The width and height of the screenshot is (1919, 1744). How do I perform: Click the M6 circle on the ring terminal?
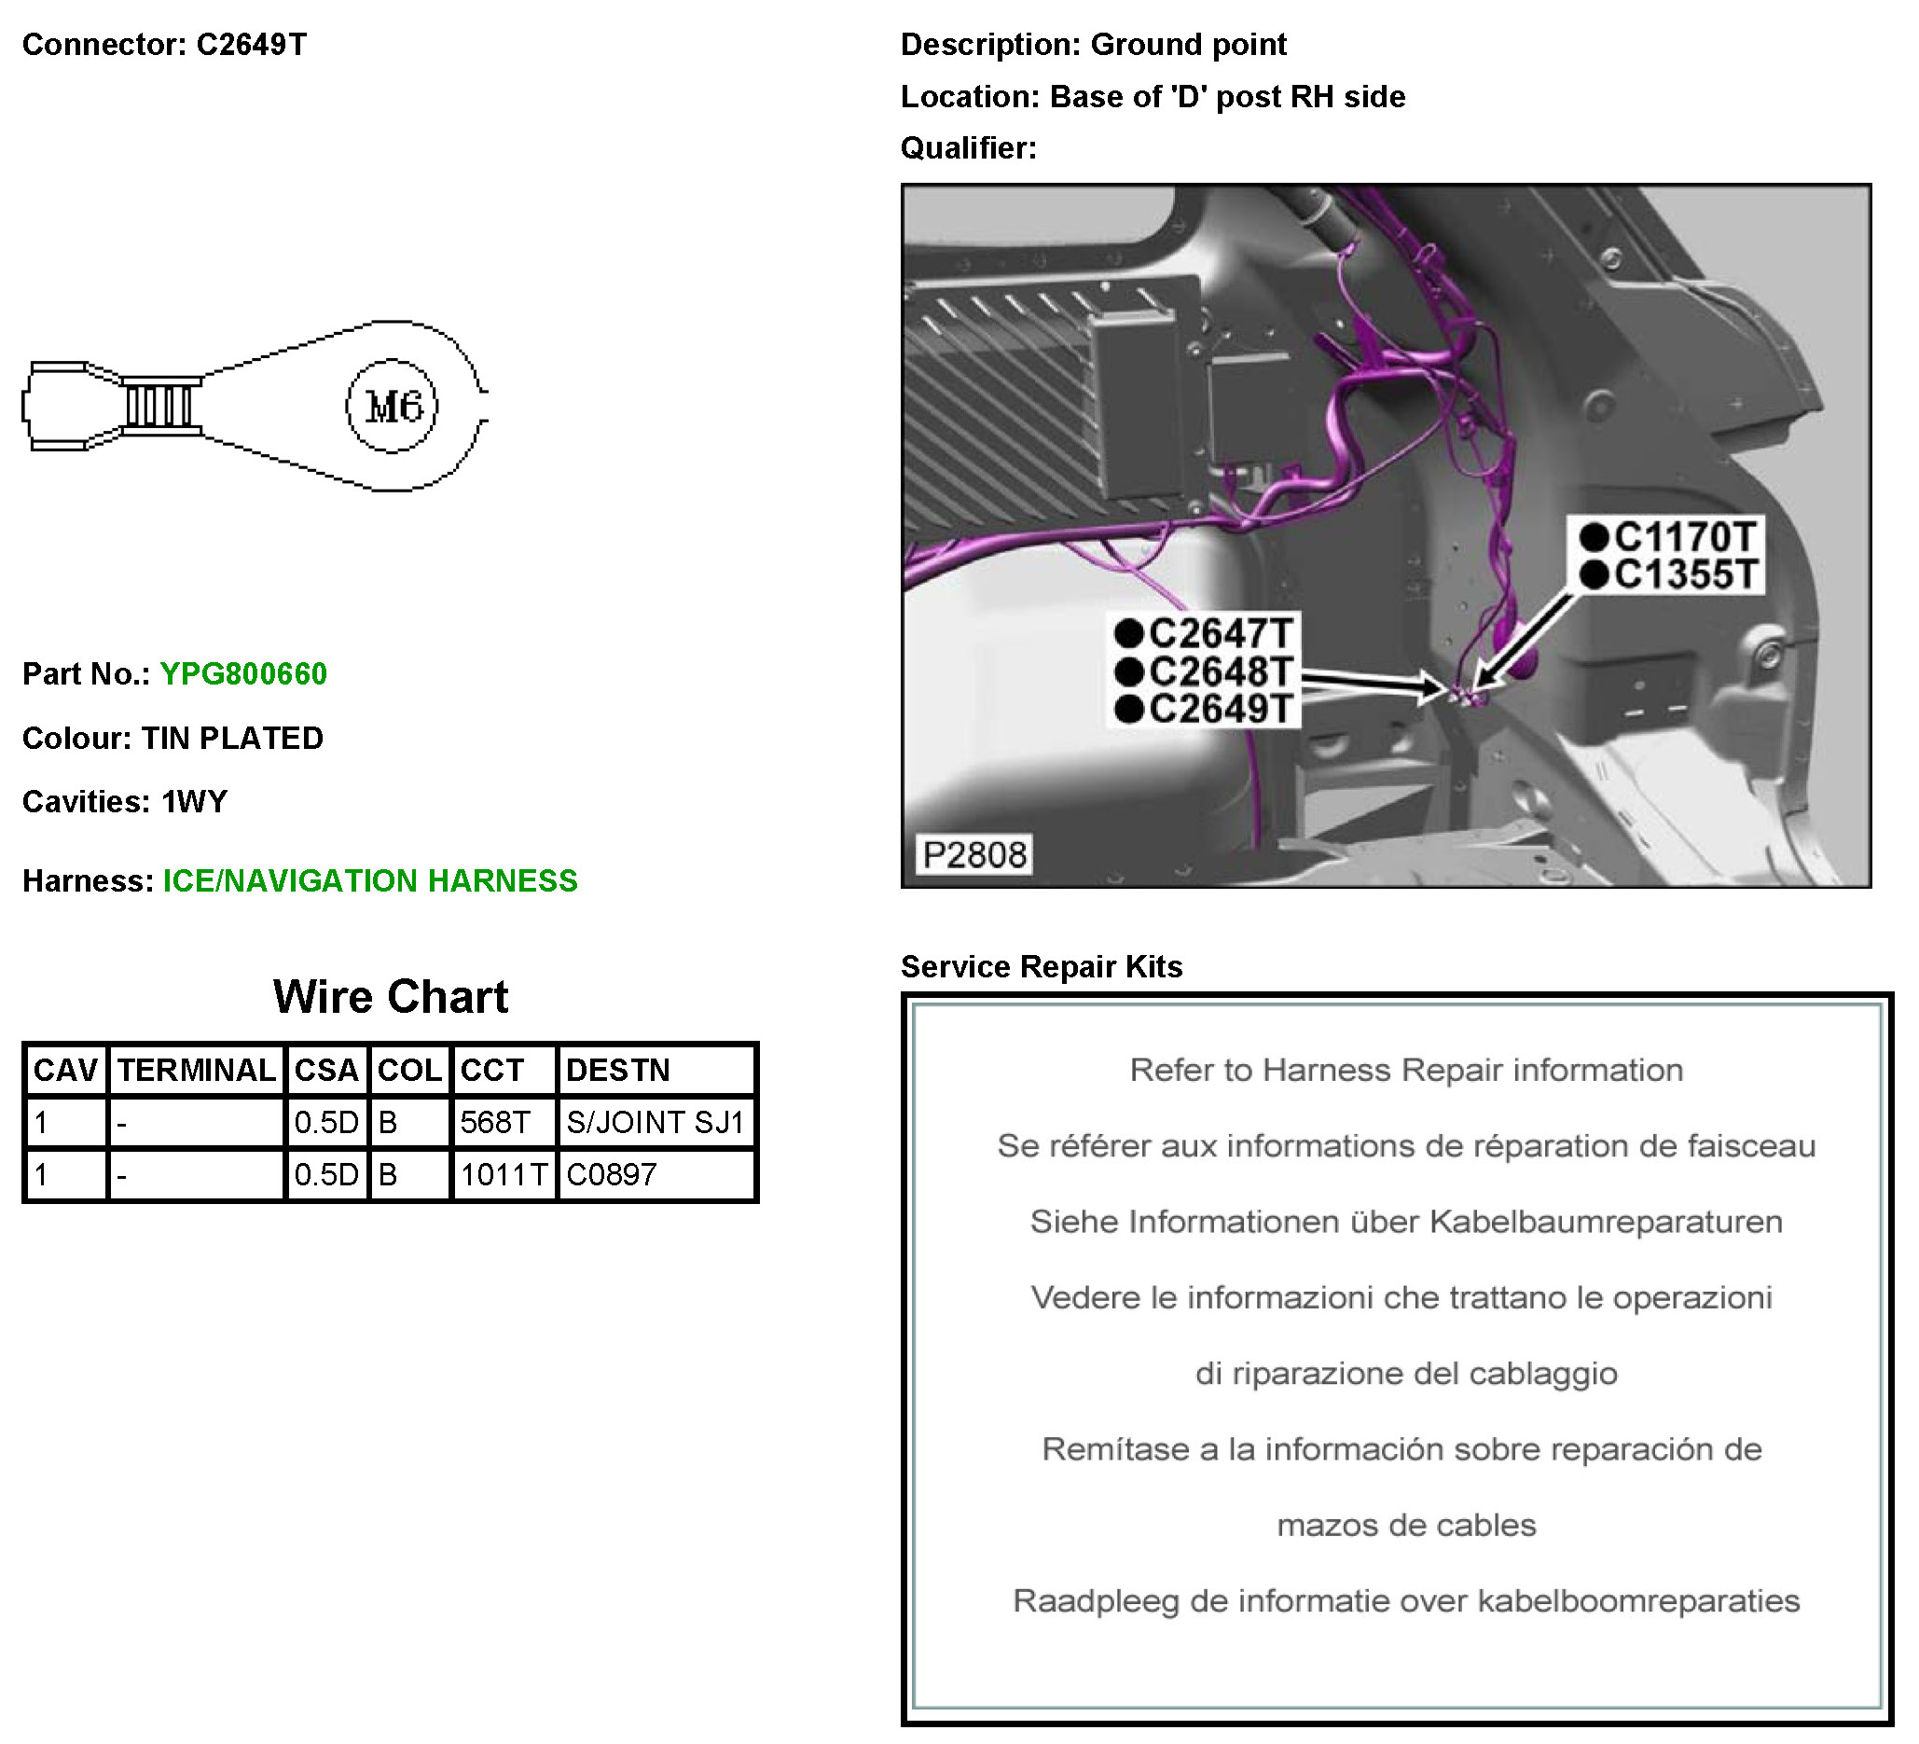(393, 407)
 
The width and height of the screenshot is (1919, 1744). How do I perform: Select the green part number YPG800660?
(243, 674)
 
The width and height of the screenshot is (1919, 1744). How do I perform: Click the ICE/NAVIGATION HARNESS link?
(370, 880)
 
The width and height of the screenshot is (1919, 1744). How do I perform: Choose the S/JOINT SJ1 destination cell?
(655, 1122)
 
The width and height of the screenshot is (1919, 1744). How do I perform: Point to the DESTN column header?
(619, 1070)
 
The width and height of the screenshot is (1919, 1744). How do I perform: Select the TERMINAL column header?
(196, 1070)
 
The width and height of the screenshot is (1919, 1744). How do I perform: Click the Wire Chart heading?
(391, 997)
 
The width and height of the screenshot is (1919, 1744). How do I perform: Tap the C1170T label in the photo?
(1684, 538)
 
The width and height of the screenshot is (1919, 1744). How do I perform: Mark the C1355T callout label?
(1684, 575)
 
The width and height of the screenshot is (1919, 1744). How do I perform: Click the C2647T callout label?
(1220, 634)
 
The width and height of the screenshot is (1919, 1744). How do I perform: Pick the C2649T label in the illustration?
(1220, 709)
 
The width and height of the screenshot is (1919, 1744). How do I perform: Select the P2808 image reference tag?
(974, 855)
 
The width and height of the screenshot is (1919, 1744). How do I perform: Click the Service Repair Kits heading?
(1042, 966)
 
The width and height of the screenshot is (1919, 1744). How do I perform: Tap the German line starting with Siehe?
(1406, 1222)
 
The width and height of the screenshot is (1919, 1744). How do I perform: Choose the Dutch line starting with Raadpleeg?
(1406, 1601)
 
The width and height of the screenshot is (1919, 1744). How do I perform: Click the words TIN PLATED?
(232, 739)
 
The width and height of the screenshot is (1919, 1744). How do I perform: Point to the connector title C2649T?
(252, 45)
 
